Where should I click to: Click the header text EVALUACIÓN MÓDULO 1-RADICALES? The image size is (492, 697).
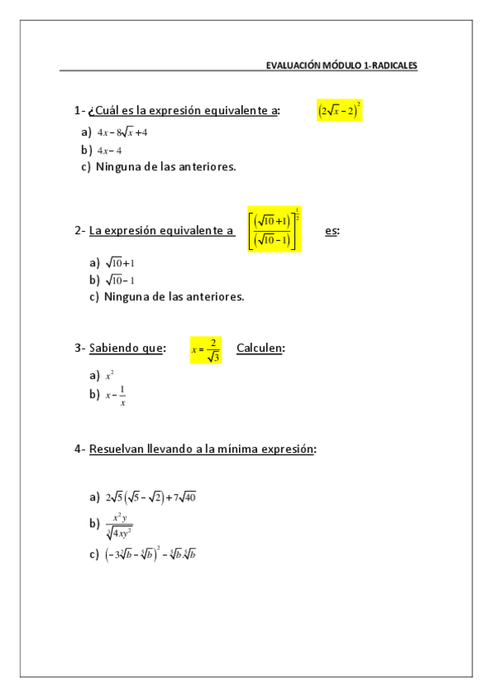click(342, 65)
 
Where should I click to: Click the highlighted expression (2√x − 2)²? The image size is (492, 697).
click(339, 110)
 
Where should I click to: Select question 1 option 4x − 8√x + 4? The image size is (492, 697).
click(122, 132)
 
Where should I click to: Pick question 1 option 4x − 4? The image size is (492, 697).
click(109, 150)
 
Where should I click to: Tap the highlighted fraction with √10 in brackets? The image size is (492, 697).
click(274, 229)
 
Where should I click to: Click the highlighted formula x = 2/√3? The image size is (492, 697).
click(205, 349)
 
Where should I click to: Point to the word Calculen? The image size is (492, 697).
click(260, 348)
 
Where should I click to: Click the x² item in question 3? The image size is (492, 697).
click(108, 376)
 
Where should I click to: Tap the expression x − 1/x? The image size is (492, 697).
click(116, 395)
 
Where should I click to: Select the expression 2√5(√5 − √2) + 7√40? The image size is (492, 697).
click(150, 496)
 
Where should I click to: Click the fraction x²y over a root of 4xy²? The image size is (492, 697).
click(119, 524)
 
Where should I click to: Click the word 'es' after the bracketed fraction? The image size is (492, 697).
click(331, 231)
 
